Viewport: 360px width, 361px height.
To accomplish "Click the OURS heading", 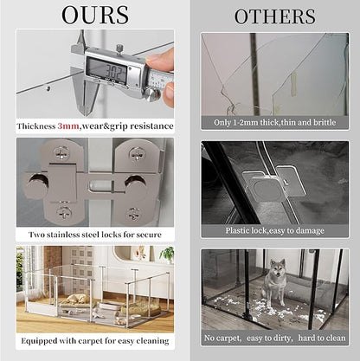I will pos(95,15).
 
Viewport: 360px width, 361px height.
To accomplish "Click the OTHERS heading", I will pos(274,16).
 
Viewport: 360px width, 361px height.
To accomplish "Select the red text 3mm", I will pos(68,126).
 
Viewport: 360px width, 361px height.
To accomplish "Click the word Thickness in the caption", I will pos(37,126).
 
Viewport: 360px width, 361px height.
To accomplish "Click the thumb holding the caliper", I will pos(164,62).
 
